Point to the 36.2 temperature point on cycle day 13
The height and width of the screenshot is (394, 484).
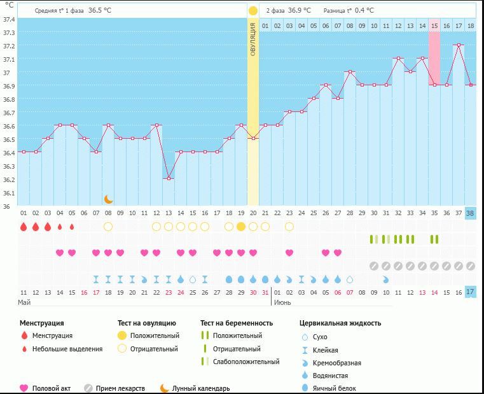coord(169,178)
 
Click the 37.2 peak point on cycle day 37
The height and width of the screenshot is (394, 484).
coord(459,45)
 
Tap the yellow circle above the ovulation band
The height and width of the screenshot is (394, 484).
coord(253,11)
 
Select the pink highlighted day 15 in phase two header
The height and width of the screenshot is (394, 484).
coord(434,25)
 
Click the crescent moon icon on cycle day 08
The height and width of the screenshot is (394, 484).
coord(108,199)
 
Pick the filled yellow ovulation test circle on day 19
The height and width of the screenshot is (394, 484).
coord(241,227)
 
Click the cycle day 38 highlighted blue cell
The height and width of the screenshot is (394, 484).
coord(471,213)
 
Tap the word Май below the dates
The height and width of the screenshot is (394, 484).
coord(24,302)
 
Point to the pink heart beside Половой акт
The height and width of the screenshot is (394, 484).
coord(24,388)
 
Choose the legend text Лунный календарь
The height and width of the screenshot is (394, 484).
coord(201,388)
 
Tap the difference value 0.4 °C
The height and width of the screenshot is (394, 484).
coord(364,10)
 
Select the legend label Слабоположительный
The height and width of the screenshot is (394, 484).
coord(245,362)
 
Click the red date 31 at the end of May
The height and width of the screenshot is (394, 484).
coord(265,292)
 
